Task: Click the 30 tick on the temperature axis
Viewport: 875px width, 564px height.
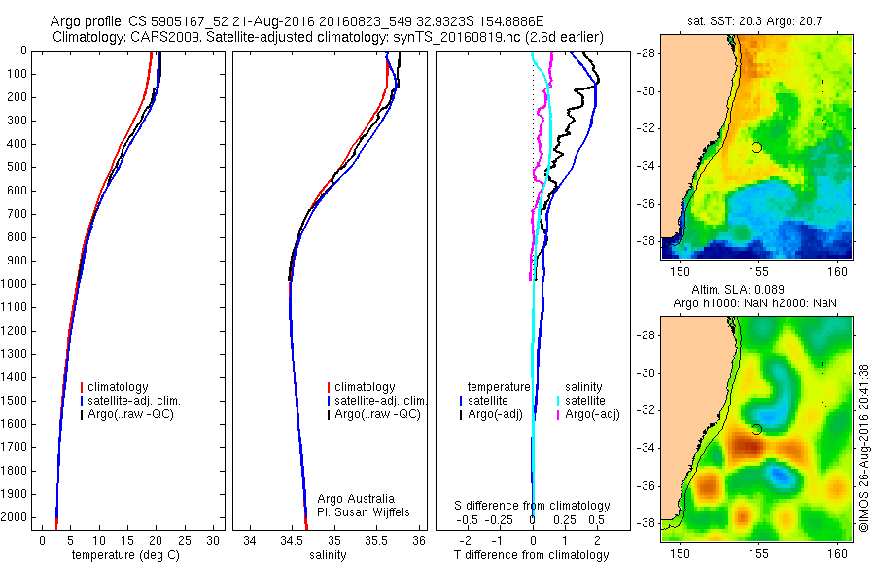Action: pyautogui.click(x=214, y=541)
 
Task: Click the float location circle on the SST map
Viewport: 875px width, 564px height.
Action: pyautogui.click(x=756, y=147)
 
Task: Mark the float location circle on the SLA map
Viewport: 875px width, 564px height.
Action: pyautogui.click(x=756, y=429)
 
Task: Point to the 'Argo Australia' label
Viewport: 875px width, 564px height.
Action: pyautogui.click(x=356, y=497)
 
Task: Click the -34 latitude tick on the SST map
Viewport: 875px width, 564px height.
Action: pyautogui.click(x=647, y=166)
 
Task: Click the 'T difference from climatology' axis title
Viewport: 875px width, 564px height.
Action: pyautogui.click(x=532, y=555)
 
